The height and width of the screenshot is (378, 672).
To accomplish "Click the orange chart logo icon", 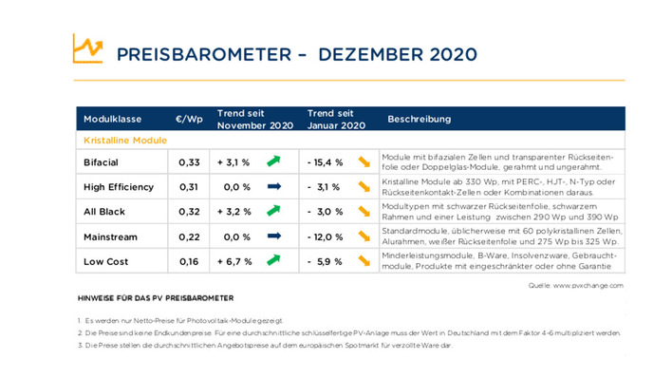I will (x=87, y=48).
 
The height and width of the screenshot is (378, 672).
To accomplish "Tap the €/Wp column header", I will (x=189, y=120).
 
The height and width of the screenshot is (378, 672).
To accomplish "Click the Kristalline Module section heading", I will (x=125, y=140).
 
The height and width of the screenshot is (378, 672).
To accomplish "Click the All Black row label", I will (x=104, y=212).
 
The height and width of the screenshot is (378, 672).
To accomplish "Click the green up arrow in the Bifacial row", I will (x=274, y=161).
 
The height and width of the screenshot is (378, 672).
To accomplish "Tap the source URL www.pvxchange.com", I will (x=589, y=284).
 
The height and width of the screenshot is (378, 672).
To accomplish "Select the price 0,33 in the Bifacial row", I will (x=190, y=162).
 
